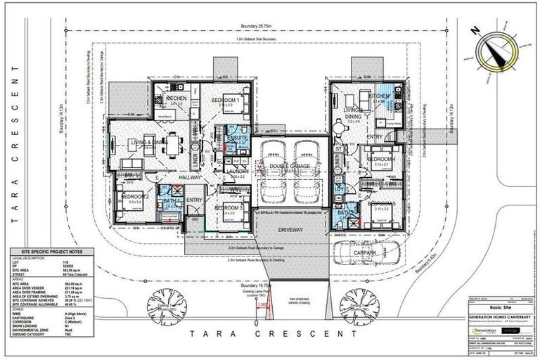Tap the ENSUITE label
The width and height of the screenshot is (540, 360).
click(x=233, y=139)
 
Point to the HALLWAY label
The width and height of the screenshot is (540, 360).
click(x=171, y=179)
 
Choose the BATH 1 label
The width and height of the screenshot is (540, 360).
click(x=169, y=200)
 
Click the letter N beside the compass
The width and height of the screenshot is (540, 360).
click(x=477, y=30)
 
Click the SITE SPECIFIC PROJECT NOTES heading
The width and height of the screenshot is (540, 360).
click(x=57, y=251)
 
